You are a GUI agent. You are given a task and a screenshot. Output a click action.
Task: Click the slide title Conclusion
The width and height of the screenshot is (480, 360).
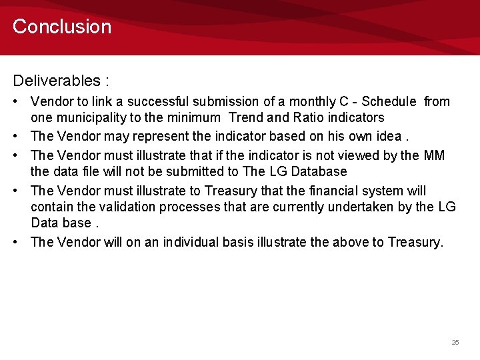point(62,27)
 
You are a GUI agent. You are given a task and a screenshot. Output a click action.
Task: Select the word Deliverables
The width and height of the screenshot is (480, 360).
point(56,81)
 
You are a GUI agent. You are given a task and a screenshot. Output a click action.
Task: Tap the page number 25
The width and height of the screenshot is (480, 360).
point(455,342)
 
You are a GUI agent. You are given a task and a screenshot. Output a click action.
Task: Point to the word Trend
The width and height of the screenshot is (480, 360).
point(246,118)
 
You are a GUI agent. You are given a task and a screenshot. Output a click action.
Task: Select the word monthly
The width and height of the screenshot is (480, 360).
point(313,102)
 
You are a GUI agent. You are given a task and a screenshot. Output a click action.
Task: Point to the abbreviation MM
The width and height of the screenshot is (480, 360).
point(434,155)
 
